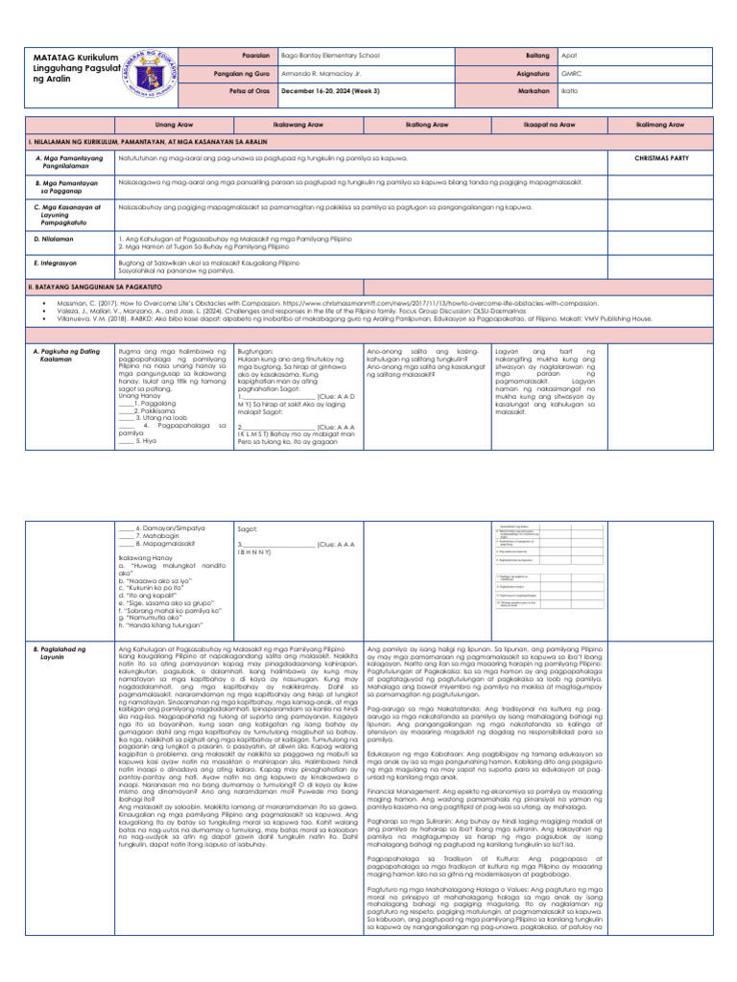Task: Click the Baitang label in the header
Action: (512, 56)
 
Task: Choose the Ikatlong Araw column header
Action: (425, 125)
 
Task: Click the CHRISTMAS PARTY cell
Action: (660, 156)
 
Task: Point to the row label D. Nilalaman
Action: (51, 238)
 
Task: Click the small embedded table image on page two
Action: (534, 567)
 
